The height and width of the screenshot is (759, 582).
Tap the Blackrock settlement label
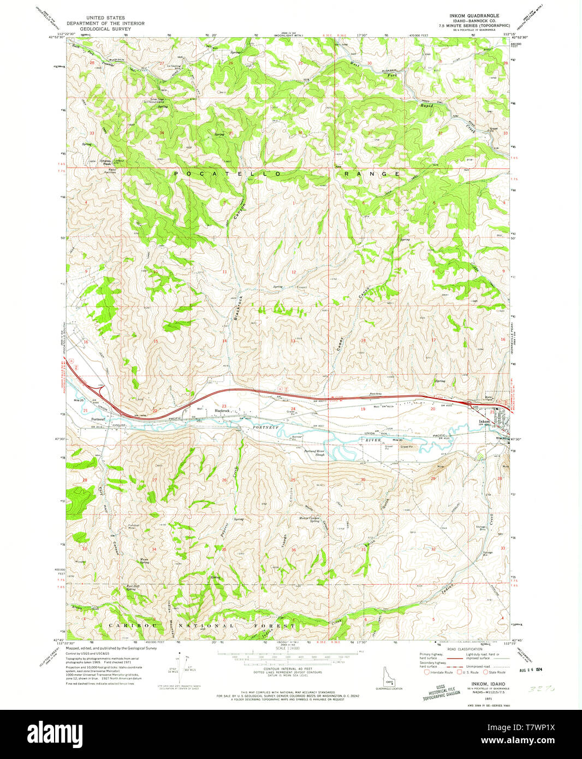[222, 410]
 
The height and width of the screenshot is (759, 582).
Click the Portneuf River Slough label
[314, 453]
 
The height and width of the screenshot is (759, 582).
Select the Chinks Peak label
[106, 162]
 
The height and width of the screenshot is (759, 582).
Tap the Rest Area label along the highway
[375, 394]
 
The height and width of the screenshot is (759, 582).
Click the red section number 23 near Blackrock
[224, 406]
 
